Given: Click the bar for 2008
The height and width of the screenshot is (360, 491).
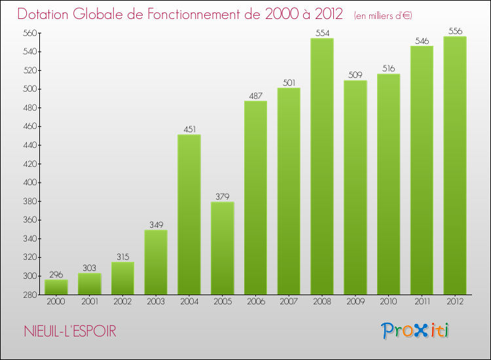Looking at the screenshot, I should click(321, 166).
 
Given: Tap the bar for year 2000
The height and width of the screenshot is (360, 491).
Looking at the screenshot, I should click(56, 287).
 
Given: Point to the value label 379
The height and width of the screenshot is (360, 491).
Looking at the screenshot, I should click(222, 196).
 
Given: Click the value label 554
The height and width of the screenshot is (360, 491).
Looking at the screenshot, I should click(321, 32).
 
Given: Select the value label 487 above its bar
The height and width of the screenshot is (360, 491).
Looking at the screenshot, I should click(255, 96).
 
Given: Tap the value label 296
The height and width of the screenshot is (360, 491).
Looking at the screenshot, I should click(56, 274).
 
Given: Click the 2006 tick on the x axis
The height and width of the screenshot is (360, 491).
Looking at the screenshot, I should click(255, 302).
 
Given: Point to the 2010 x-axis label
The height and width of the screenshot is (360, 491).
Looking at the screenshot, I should click(388, 302).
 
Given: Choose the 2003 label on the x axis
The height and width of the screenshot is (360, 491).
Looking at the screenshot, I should click(156, 302).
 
